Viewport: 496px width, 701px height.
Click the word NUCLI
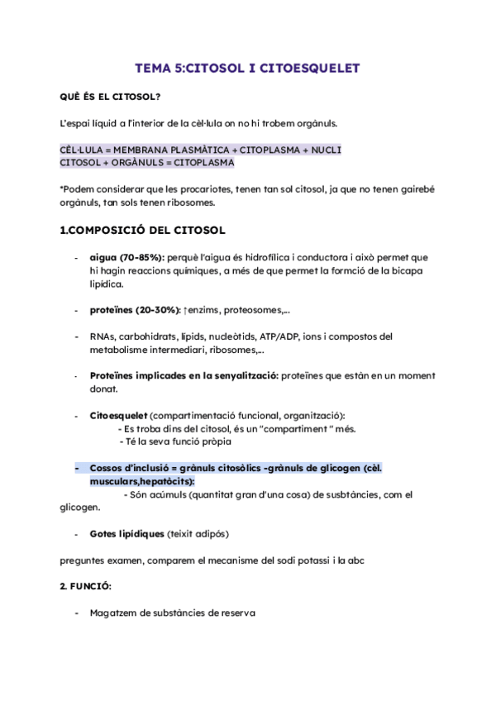click(324, 150)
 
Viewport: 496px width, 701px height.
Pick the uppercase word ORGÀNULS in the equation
click(138, 163)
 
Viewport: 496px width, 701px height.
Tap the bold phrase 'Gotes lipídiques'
click(126, 533)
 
